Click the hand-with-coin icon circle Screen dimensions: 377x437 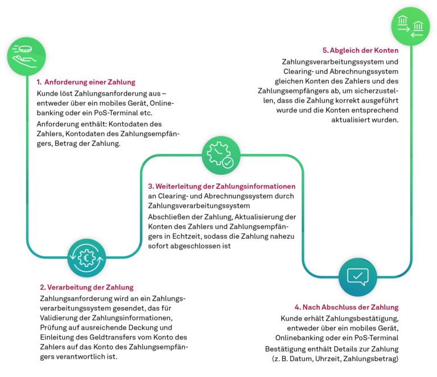pos(26,56)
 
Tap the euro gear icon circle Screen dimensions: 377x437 pos(86,258)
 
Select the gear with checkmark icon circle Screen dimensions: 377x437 pos(221,155)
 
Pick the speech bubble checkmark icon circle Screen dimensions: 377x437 pos(358,277)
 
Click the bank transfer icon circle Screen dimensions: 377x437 pos(410,26)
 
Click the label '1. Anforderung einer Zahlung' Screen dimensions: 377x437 pos(85,82)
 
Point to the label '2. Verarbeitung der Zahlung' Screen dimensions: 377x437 pos(86,288)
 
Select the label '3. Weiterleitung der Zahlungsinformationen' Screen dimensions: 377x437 pos(222,186)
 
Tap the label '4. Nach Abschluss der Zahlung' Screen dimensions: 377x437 pos(347,308)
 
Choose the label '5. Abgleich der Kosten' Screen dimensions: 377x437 pos(360,50)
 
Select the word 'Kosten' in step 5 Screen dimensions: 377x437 pos(387,50)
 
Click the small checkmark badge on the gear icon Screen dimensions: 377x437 pos(228,163)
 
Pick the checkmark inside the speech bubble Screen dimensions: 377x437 pos(358,276)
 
